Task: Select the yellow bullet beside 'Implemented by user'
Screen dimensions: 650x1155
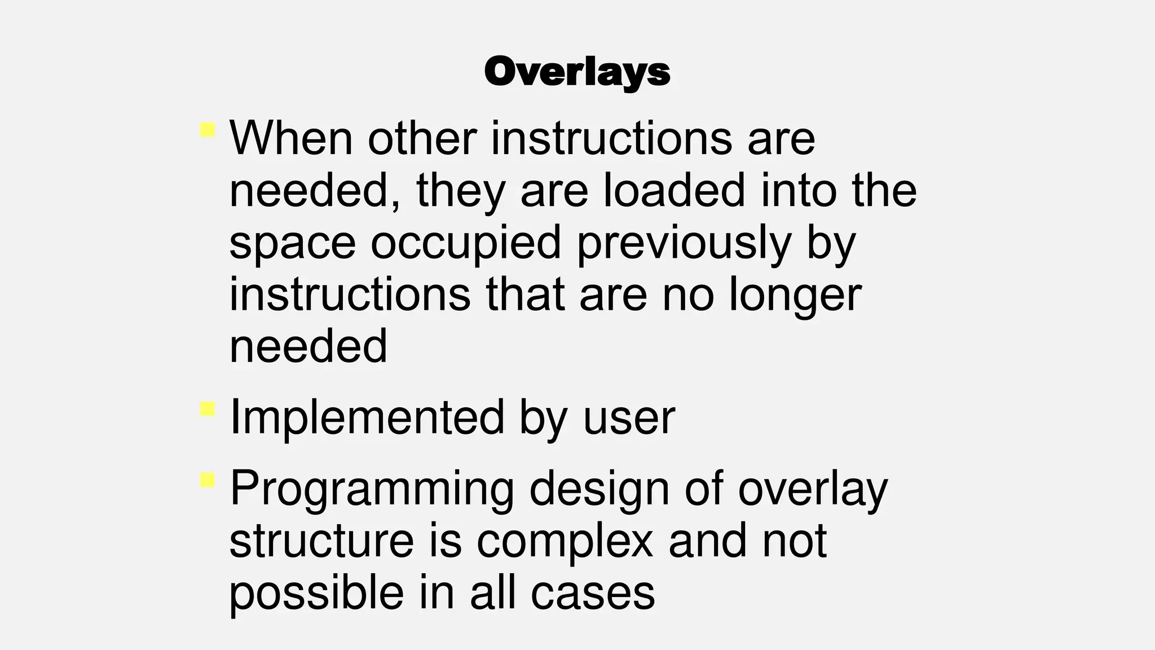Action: pyautogui.click(x=208, y=409)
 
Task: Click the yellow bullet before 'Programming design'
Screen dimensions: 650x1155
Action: pyautogui.click(x=208, y=481)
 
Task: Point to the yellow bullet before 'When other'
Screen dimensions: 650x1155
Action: pyautogui.click(x=208, y=130)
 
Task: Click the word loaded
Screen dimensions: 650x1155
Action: pyautogui.click(x=674, y=190)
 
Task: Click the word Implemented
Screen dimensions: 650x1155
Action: pyautogui.click(x=367, y=418)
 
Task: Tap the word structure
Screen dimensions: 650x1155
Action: pyautogui.click(x=321, y=541)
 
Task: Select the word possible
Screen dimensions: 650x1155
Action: pyautogui.click(x=316, y=592)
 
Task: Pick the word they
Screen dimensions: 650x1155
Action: pyautogui.click(x=461, y=190)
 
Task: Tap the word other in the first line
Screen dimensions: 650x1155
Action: pyautogui.click(x=422, y=138)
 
